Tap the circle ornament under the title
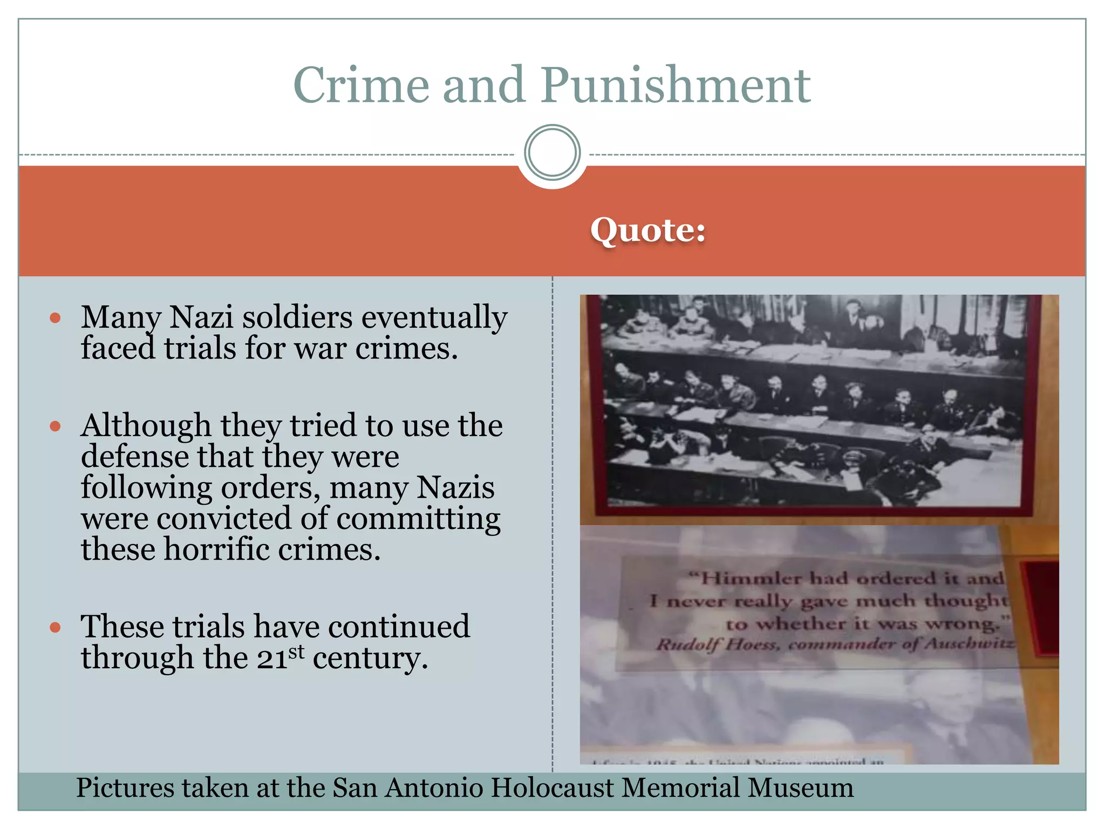[552, 153]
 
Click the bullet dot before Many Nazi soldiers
[55, 318]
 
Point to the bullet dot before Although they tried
[55, 426]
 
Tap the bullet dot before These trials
[55, 627]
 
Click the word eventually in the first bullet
[434, 317]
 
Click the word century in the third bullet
[370, 658]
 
